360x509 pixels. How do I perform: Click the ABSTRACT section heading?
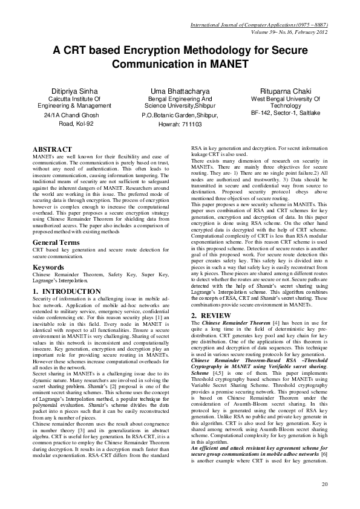click(x=52, y=149)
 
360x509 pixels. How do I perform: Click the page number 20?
click(x=325, y=484)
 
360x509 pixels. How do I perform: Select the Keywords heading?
click(x=48, y=267)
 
